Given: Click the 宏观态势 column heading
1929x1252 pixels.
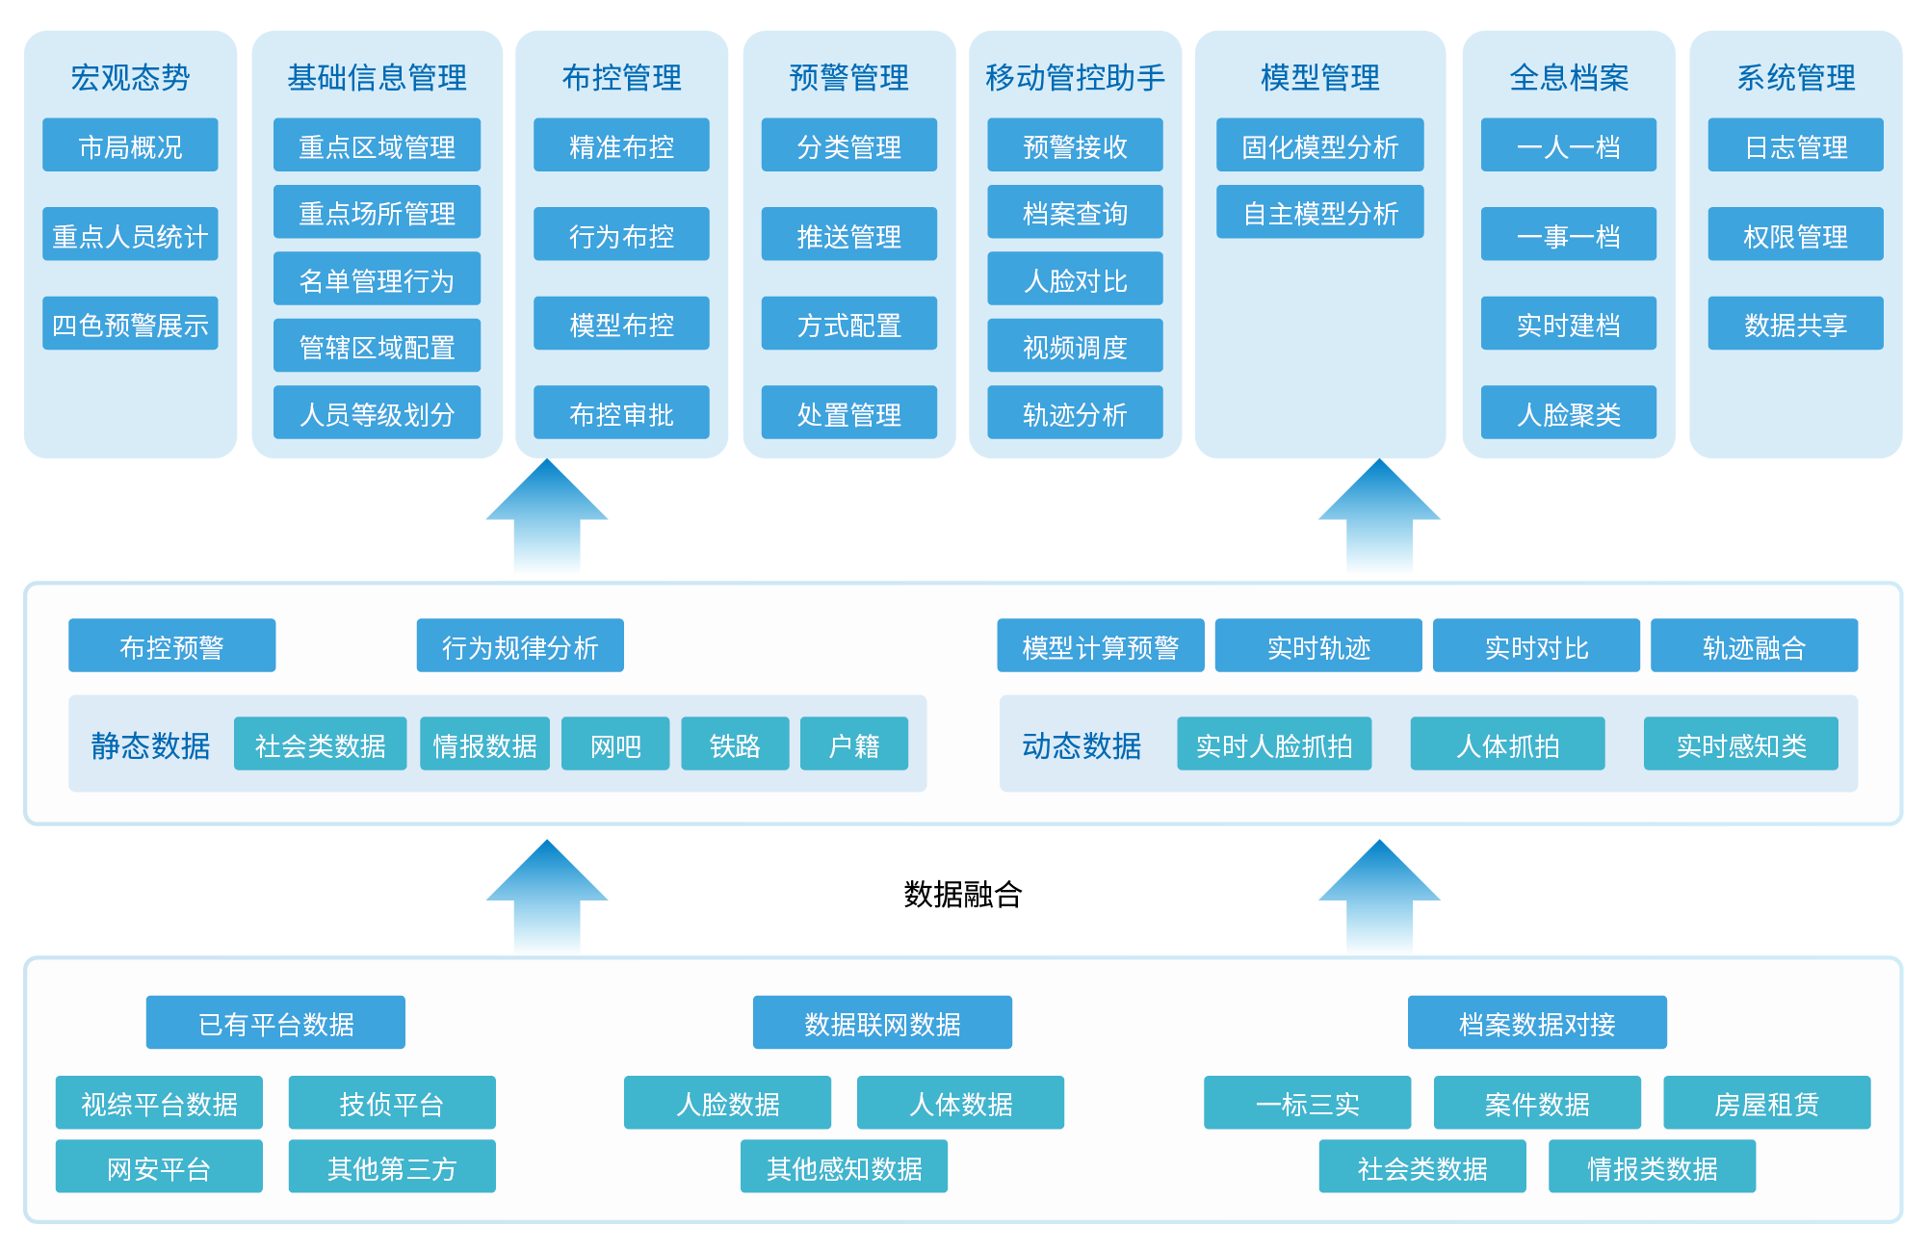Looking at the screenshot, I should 130,78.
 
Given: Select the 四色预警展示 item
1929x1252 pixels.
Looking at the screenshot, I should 130,326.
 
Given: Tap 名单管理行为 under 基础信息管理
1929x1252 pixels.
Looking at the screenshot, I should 377,281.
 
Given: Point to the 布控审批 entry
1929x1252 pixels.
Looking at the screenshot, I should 621,415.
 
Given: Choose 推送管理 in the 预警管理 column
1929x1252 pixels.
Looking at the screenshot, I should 848,237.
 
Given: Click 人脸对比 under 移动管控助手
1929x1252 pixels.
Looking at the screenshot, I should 1075,281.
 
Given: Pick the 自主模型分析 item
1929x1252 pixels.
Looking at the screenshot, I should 1319,214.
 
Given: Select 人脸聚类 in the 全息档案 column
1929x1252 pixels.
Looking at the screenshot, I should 1568,415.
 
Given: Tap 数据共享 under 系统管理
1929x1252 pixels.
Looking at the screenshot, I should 1795,326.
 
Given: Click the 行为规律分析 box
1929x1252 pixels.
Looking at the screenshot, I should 519,646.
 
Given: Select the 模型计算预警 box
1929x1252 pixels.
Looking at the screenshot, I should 1100,646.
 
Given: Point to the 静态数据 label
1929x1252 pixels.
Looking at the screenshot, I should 150,745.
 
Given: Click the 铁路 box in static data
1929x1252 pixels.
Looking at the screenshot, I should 735,744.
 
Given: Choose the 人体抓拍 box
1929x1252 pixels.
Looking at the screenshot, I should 1507,744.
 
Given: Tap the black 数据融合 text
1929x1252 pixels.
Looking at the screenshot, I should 962,895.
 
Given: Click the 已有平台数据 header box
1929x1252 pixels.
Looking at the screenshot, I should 275,1023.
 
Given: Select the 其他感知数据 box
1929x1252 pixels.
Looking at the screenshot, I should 844,1167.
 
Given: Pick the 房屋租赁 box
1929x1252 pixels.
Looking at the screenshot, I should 1766,1104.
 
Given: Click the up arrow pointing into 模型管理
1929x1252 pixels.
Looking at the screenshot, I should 1378,520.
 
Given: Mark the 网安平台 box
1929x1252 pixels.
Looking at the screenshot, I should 159,1167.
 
